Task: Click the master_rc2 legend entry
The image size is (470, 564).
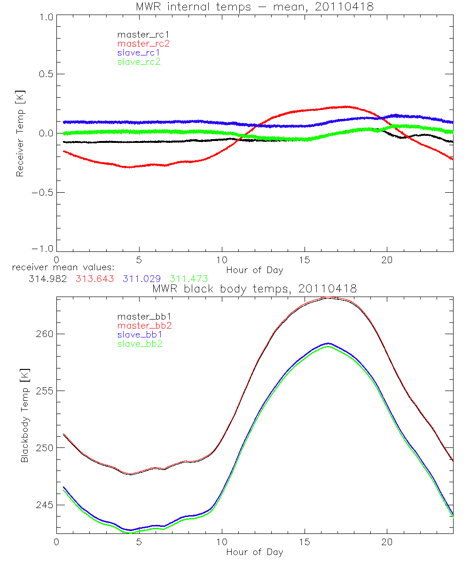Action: pyautogui.click(x=143, y=43)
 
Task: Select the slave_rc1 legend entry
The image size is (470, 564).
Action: pyautogui.click(x=139, y=52)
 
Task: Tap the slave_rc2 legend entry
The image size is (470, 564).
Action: pyautogui.click(x=139, y=62)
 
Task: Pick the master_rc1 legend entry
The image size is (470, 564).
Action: pyautogui.click(x=143, y=34)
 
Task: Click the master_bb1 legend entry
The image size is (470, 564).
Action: pyautogui.click(x=143, y=317)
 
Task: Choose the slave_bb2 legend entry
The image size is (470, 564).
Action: pyautogui.click(x=139, y=344)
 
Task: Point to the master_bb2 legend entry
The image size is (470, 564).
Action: pyautogui.click(x=143, y=326)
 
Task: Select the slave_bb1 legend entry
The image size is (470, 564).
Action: pyautogui.click(x=139, y=335)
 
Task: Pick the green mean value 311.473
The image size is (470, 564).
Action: pyautogui.click(x=189, y=279)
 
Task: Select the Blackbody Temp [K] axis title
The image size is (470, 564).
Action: pyautogui.click(x=24, y=418)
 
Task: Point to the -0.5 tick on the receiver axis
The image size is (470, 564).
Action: pyautogui.click(x=40, y=192)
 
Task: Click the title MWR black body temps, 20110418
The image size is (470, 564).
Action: pyautogui.click(x=254, y=289)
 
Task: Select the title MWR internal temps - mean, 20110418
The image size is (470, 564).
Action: pyautogui.click(x=254, y=7)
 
